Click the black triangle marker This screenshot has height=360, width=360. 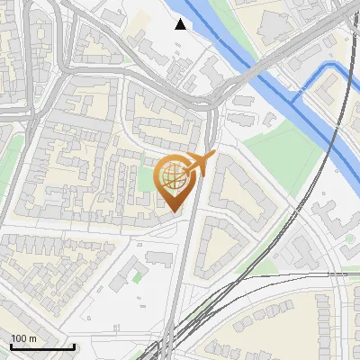pyautogui.click(x=181, y=24)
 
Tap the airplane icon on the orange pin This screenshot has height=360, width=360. pyautogui.click(x=199, y=164)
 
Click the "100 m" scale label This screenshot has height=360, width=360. pyautogui.click(x=23, y=338)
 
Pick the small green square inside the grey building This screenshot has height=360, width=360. pyautogui.click(x=136, y=277)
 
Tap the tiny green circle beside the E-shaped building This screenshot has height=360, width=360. pyautogui.click(x=269, y=119)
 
